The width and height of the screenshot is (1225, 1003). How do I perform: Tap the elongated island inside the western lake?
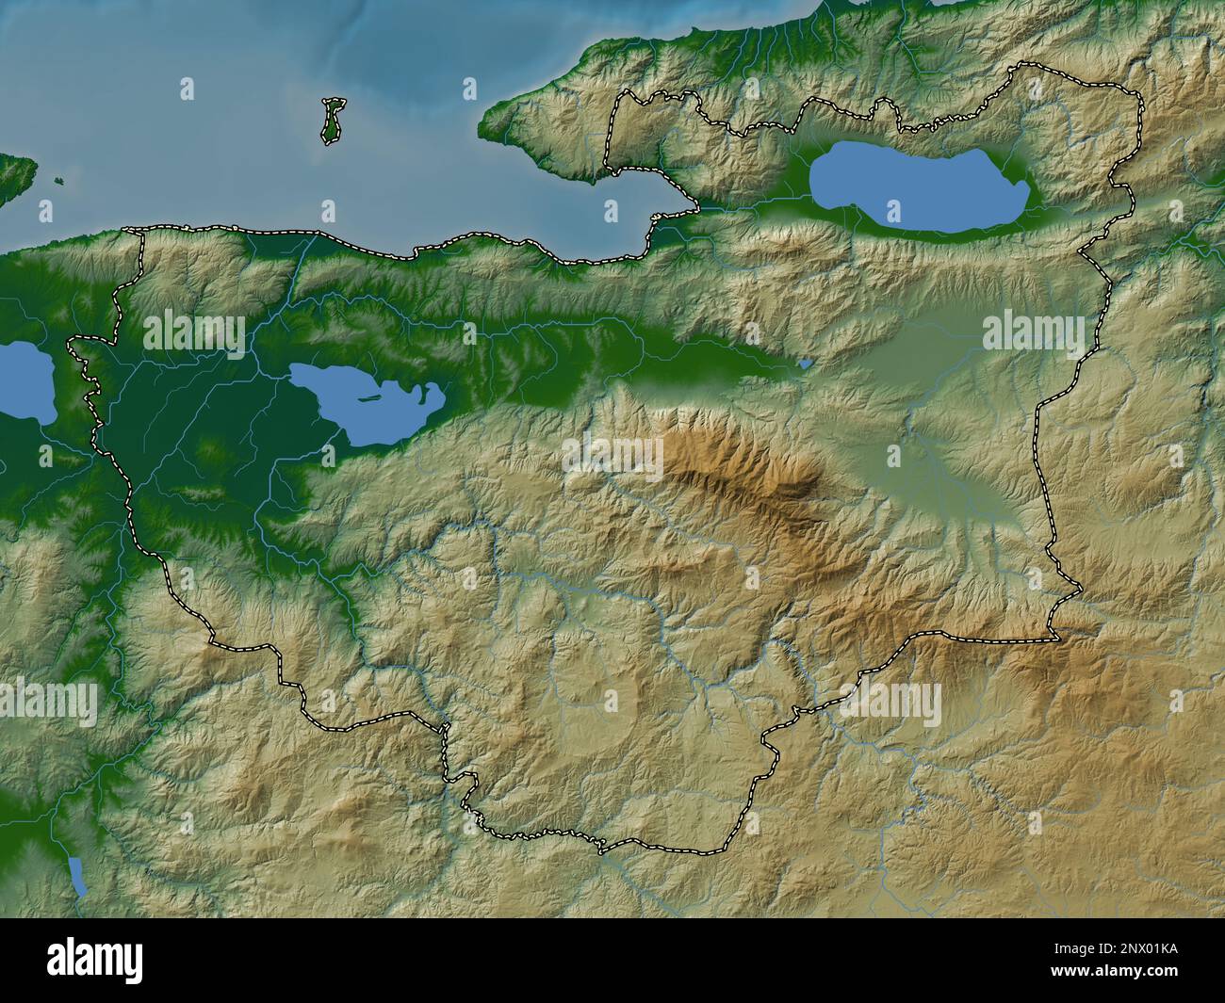pos(367,397)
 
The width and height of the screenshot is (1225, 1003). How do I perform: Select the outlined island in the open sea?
pos(331,122)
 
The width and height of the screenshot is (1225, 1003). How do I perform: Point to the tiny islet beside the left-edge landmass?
pos(58,183)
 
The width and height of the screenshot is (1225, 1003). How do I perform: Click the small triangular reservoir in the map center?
pos(804,362)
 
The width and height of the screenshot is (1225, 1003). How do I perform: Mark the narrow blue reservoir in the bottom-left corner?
pos(78,876)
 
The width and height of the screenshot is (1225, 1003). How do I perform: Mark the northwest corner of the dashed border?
pos(132,230)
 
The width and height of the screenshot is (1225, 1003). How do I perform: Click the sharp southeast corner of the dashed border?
pos(1057,639)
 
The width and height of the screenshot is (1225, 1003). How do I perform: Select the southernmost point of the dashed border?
pos(603,849)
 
